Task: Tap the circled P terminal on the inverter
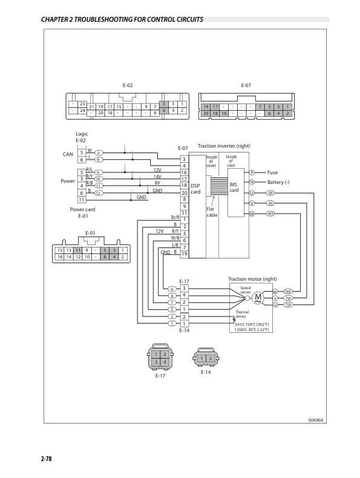[252, 172]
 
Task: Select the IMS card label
[233, 186]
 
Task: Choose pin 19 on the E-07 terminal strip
[185, 252]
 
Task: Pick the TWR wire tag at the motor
[288, 292]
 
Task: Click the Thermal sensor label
[242, 314]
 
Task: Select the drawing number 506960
[307, 419]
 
